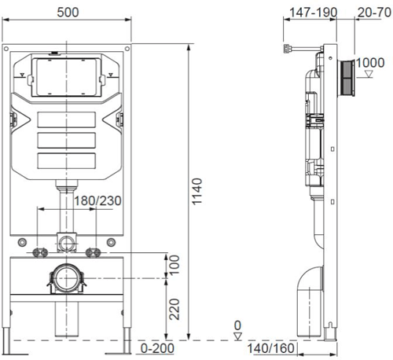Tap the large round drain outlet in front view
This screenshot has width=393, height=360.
[x=67, y=278]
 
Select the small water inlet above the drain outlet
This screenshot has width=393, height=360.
[x=67, y=240]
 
